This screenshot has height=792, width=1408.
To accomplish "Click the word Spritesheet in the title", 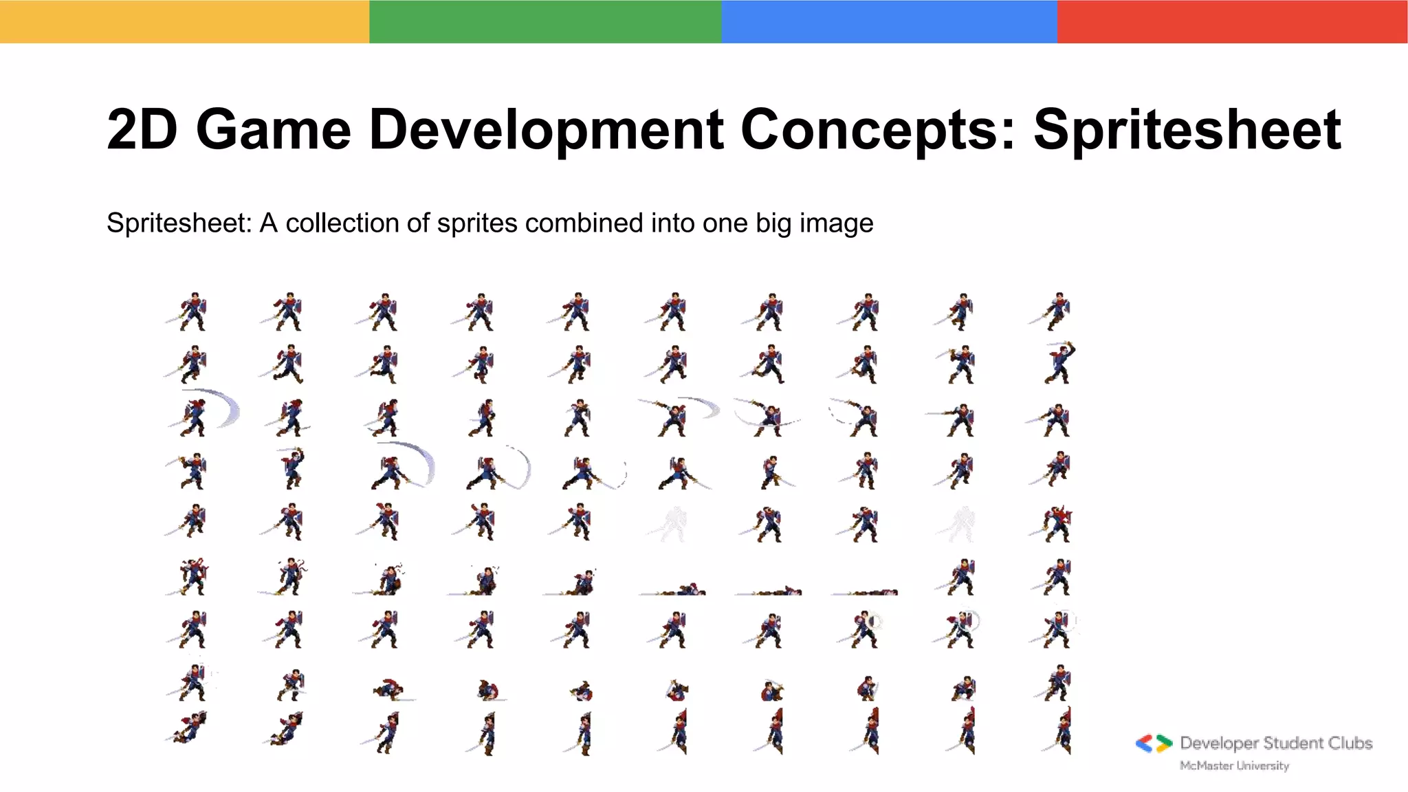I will click(1187, 129).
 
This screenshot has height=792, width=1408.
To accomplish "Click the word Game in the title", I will click(273, 129).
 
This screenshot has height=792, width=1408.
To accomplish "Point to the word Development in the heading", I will click(546, 129).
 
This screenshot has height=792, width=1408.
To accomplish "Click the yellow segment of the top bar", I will click(184, 21).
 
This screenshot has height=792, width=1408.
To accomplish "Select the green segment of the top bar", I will click(544, 21).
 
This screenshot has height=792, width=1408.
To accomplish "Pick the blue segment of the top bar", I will click(888, 21).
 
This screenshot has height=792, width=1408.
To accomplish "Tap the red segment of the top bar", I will click(1232, 21).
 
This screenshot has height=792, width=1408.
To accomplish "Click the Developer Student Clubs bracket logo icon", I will click(1154, 743).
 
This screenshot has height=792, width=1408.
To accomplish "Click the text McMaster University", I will click(1234, 765).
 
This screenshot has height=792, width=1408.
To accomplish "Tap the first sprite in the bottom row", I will click(188, 729).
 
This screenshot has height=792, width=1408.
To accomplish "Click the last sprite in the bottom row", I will click(1060, 732).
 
